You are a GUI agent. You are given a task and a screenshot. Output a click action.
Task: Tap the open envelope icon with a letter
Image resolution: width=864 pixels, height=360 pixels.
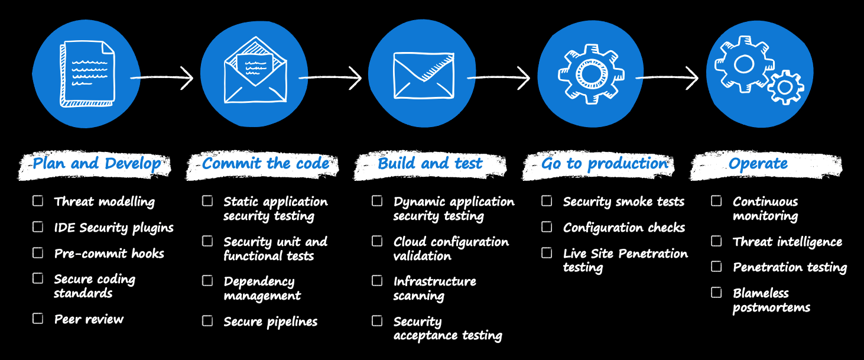click(255, 72)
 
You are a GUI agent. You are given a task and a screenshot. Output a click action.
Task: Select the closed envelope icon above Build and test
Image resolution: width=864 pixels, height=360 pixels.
click(423, 74)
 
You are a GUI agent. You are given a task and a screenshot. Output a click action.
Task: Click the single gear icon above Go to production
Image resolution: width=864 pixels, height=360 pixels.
click(592, 73)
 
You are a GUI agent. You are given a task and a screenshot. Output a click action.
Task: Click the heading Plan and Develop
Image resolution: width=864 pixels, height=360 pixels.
click(96, 164)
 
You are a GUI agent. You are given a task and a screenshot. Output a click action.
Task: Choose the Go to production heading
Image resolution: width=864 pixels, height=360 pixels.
click(604, 164)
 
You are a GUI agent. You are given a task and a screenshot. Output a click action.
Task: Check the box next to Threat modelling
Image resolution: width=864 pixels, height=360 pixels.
click(38, 201)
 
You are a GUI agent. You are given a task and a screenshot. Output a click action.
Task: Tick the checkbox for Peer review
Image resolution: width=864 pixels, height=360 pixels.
click(38, 319)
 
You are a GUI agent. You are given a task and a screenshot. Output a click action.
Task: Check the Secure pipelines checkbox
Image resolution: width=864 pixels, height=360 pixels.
click(207, 321)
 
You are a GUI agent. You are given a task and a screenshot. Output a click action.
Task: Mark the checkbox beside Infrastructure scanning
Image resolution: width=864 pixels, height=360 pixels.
click(377, 281)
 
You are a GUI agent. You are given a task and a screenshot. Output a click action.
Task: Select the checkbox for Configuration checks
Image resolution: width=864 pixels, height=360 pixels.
click(547, 227)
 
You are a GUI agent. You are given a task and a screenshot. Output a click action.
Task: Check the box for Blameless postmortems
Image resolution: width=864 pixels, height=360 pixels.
click(716, 292)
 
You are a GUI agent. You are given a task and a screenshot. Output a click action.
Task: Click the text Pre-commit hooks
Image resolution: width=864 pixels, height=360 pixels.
click(109, 254)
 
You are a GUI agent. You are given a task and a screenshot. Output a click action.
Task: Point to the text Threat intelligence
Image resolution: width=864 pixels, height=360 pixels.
click(787, 242)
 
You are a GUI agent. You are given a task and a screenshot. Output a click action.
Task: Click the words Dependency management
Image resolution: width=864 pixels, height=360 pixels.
click(262, 288)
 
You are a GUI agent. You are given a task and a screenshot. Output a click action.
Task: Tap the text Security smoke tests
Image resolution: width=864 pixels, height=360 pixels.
click(623, 202)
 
